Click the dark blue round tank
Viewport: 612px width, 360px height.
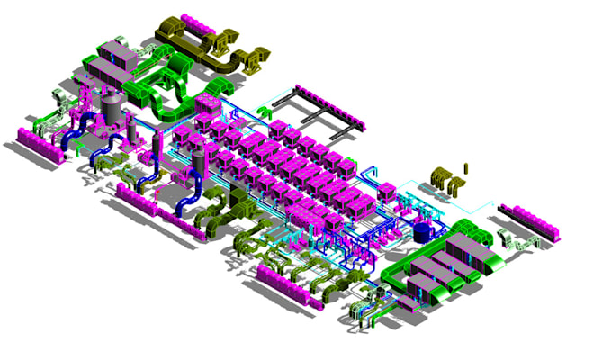(x=421, y=231)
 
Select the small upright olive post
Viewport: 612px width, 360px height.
(x=466, y=167)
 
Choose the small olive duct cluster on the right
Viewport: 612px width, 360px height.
(x=445, y=179)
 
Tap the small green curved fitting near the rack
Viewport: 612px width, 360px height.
(x=263, y=112)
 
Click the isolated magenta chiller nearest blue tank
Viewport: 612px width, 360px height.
(x=388, y=191)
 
